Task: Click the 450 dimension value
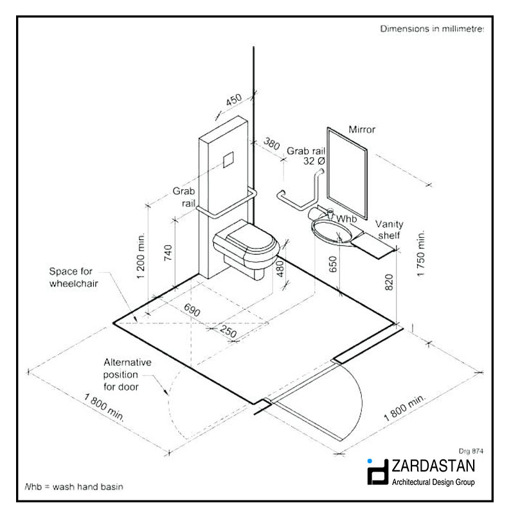(x=234, y=100)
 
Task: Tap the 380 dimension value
(x=272, y=144)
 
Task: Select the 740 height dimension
(x=168, y=253)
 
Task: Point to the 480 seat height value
(x=280, y=268)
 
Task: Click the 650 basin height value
(x=333, y=264)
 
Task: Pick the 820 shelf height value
(x=389, y=282)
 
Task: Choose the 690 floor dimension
(x=192, y=310)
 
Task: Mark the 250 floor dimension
(x=228, y=331)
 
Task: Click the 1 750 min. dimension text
(x=420, y=253)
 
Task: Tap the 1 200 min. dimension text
(x=141, y=256)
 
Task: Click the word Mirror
(x=362, y=130)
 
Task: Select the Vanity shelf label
(x=390, y=230)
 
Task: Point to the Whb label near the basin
(x=346, y=219)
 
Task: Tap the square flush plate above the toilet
(x=228, y=160)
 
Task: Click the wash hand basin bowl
(x=331, y=232)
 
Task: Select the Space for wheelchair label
(x=74, y=277)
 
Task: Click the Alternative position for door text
(x=127, y=375)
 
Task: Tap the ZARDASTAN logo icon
(x=377, y=472)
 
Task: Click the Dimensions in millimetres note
(x=432, y=29)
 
